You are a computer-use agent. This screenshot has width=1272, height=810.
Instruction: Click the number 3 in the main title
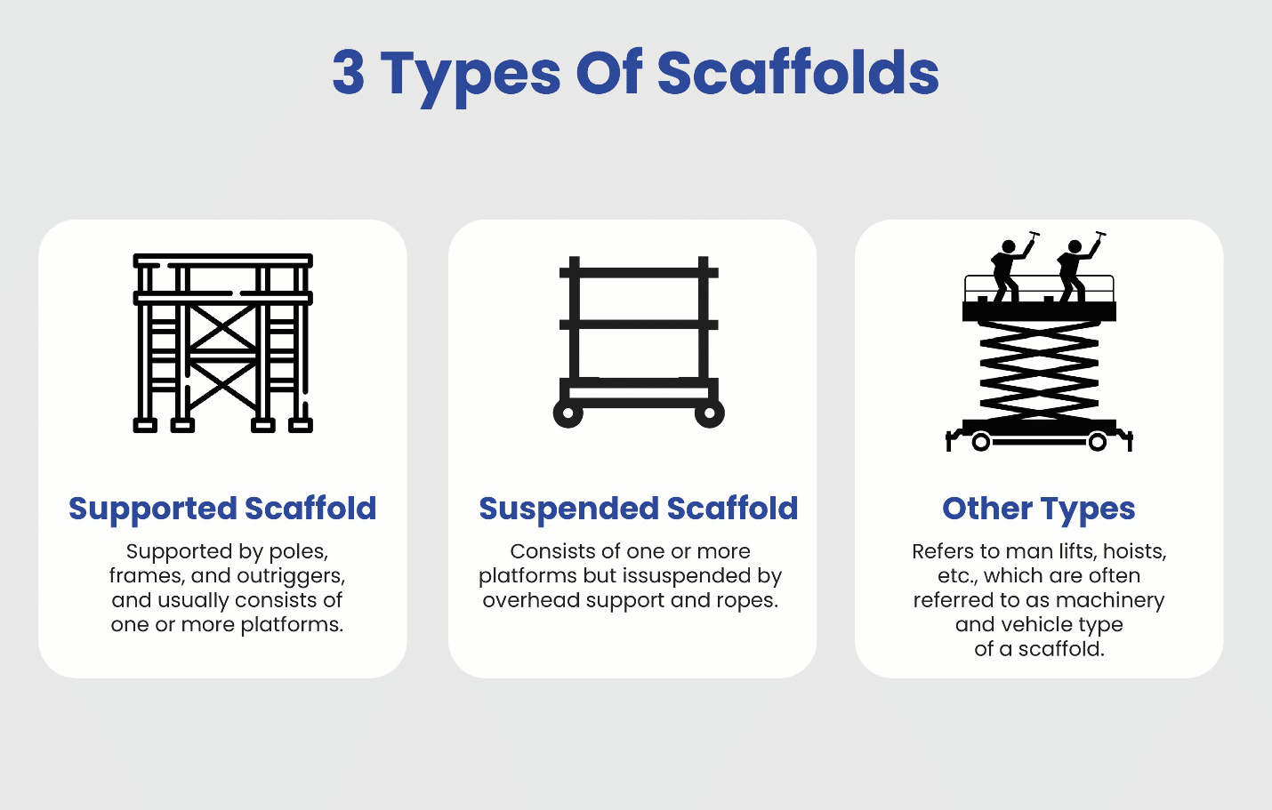pos(349,73)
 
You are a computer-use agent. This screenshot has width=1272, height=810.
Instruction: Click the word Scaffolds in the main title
pos(798,73)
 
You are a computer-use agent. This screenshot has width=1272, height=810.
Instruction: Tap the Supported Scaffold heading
pos(222,509)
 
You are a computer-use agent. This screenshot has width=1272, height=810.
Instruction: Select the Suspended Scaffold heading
pos(638,509)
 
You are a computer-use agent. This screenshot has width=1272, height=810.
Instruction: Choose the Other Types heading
pos(1038,509)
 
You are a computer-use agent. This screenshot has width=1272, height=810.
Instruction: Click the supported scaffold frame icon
pos(222,343)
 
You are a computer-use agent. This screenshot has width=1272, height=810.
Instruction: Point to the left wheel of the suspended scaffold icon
pos(568,413)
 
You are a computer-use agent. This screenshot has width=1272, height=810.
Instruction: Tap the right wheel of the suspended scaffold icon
pos(709,413)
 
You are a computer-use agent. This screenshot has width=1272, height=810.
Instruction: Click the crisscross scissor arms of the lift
pos(1038,369)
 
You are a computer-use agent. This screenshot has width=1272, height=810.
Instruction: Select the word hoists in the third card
pos(1134,551)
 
